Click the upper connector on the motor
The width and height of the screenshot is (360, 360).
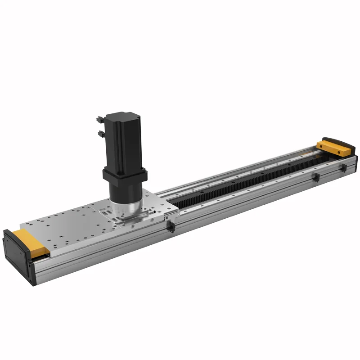pos(99,119)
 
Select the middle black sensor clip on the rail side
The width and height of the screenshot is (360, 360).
pos(316,177)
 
